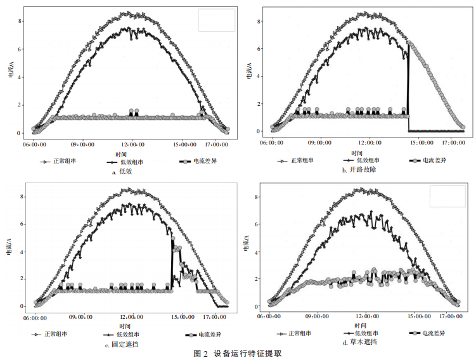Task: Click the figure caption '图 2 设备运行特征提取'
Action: [x=238, y=354]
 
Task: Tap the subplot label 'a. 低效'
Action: [x=124, y=172]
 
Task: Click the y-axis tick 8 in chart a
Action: [x=21, y=21]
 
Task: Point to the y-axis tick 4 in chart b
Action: [x=259, y=77]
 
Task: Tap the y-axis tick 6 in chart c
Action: [x=22, y=224]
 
